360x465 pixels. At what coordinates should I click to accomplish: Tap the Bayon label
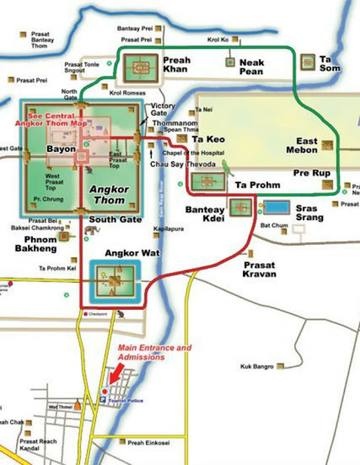[61, 148]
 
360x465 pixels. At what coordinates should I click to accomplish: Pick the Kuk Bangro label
[257, 367]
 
